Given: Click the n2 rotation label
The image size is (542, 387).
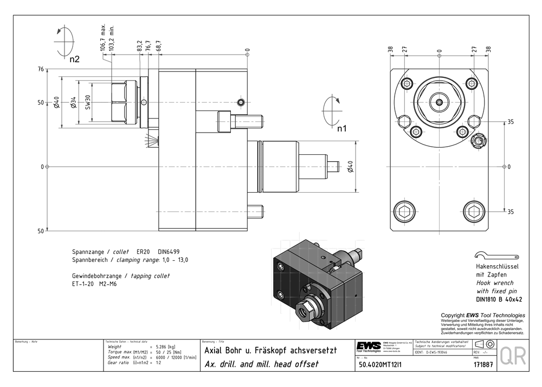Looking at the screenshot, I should tap(74, 60).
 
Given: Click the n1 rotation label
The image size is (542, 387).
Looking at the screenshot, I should tap(341, 129).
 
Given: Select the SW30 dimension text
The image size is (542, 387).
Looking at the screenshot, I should tap(88, 102).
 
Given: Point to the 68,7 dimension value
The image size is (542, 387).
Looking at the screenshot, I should tap(158, 46).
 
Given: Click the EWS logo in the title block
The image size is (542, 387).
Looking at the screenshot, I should tap(369, 346).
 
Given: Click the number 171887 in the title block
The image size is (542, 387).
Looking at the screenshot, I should tap(483, 365).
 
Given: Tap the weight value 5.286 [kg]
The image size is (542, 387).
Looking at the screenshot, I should tap(165, 346).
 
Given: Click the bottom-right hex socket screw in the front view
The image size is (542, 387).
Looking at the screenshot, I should tap(473, 211).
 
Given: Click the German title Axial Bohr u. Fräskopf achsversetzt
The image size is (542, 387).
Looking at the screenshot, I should tap(270, 351).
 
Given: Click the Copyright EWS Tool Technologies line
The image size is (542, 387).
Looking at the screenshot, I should tap(482, 315).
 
